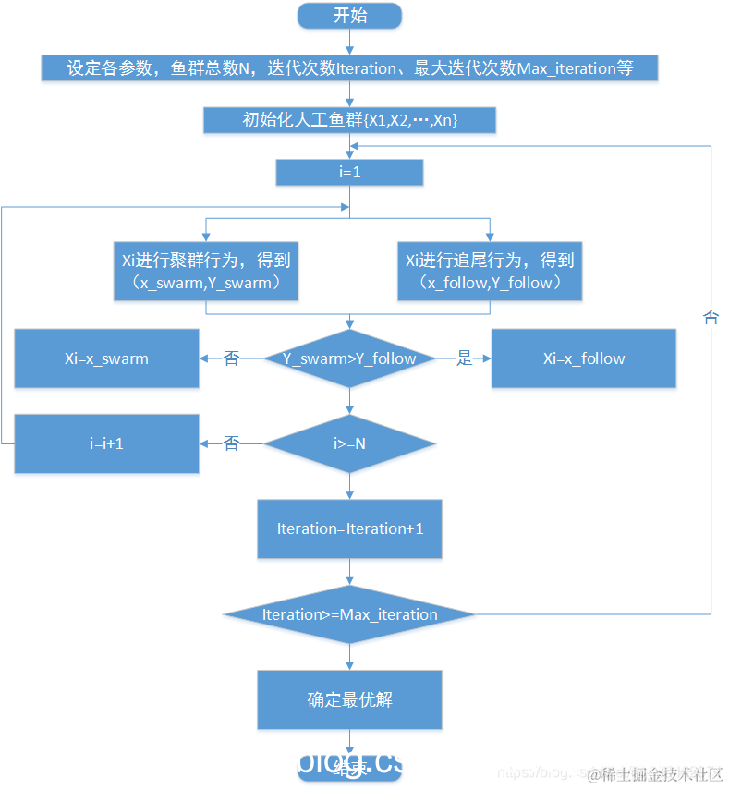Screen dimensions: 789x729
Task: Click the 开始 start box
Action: click(x=349, y=15)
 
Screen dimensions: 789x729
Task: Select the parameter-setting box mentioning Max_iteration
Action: click(x=349, y=68)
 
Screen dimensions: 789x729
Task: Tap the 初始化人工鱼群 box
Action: click(x=349, y=120)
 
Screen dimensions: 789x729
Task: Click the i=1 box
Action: click(x=349, y=173)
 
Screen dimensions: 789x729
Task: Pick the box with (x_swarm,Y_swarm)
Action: click(x=206, y=272)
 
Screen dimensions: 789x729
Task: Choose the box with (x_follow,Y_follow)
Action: click(x=490, y=272)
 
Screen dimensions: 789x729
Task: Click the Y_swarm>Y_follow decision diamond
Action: click(x=349, y=358)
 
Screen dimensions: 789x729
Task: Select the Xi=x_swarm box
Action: click(x=106, y=358)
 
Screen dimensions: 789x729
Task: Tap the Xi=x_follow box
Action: click(x=583, y=358)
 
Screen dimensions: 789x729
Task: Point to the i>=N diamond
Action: click(x=349, y=443)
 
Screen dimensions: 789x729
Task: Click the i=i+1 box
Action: click(x=106, y=443)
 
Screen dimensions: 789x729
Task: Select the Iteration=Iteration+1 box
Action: click(x=349, y=528)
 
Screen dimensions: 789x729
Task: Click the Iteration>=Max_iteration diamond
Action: click(x=349, y=614)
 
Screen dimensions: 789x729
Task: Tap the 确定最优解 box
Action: click(x=349, y=699)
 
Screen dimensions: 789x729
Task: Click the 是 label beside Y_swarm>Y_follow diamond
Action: click(x=465, y=358)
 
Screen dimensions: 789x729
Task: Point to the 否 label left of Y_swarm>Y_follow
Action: click(x=232, y=358)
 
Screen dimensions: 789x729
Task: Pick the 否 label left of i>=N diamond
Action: click(x=232, y=443)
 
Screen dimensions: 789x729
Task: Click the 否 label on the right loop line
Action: click(x=711, y=317)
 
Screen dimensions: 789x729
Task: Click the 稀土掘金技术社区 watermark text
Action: click(x=662, y=773)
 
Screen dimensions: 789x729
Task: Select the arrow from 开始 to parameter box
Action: click(x=349, y=41)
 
